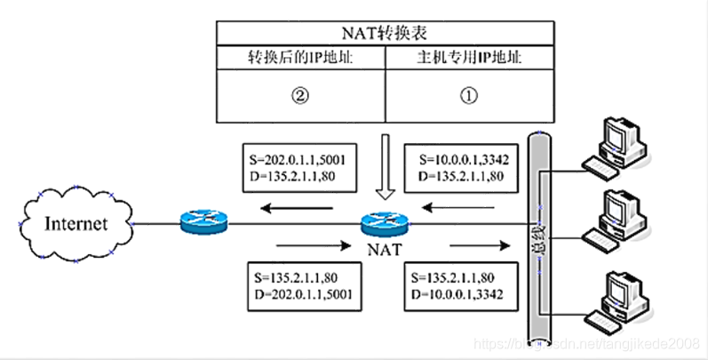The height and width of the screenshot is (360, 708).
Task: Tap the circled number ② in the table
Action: [x=301, y=96]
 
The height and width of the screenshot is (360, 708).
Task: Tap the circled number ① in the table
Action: [x=469, y=96]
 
